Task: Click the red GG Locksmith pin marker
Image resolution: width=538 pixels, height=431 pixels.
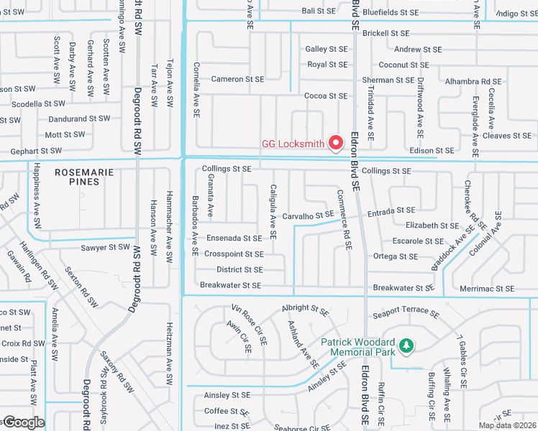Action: tap(335, 143)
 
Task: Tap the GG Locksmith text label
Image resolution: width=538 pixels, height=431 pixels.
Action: tap(292, 144)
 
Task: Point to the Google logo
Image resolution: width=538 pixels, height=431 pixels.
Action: tap(23, 422)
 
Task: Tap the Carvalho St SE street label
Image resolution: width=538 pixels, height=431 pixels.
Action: tap(307, 215)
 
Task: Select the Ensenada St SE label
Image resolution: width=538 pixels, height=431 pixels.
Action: tap(233, 238)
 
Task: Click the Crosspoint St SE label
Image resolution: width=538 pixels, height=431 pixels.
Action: tap(234, 254)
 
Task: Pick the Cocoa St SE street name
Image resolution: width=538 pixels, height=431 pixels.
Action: tap(326, 96)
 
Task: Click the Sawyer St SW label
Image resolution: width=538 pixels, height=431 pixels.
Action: tap(105, 248)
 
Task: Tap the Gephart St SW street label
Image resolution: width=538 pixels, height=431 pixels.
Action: tap(36, 152)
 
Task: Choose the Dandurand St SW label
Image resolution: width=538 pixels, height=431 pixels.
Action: tap(79, 119)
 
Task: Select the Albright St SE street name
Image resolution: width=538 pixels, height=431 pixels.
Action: tap(305, 307)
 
